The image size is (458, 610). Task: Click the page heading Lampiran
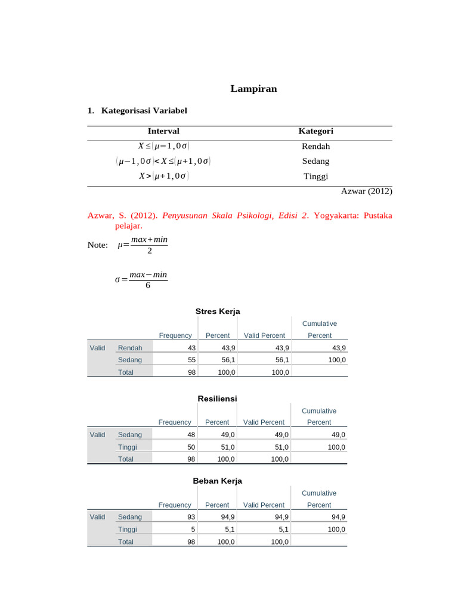click(253, 89)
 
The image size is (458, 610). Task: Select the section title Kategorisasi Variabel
click(144, 111)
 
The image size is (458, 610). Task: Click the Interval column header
click(163, 131)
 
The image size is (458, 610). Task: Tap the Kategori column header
click(315, 131)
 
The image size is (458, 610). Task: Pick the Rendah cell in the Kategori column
click(315, 146)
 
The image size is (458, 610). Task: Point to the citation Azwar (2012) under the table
click(366, 191)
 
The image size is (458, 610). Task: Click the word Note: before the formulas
click(97, 245)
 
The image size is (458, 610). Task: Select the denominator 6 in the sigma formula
click(148, 285)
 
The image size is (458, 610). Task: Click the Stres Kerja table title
click(218, 311)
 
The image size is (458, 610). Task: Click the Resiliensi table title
click(217, 398)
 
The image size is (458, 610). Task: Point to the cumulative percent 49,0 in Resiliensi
click(338, 435)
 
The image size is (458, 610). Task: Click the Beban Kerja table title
click(217, 481)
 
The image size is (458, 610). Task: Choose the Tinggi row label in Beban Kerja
click(128, 529)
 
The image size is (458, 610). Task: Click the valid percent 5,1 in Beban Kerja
click(283, 529)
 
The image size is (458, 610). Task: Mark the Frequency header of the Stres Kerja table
click(175, 335)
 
